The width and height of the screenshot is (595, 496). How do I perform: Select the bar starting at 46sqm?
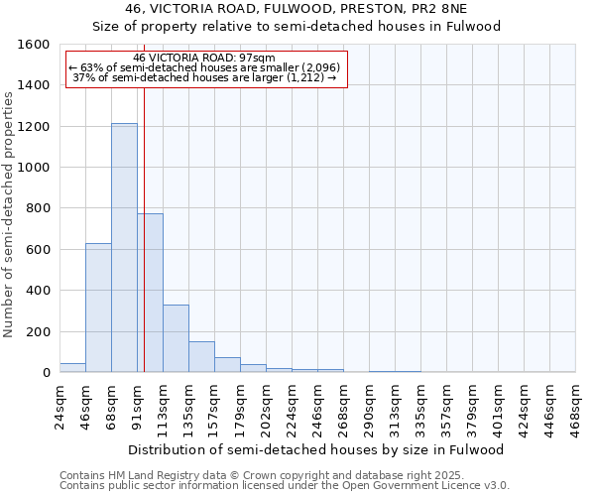coord(98,308)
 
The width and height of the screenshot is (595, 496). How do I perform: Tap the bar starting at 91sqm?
coord(150,293)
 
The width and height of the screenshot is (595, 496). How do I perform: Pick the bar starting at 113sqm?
coord(176,338)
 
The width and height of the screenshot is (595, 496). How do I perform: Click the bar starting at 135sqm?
coord(201,357)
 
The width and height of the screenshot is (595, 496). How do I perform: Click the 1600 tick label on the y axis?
coord(35,45)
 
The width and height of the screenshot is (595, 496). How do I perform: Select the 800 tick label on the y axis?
coord(39,208)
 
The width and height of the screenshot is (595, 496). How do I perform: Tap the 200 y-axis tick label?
coord(39,331)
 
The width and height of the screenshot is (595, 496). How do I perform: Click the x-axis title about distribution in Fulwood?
coord(316,449)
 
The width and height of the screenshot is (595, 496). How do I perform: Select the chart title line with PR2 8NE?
coord(297,9)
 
